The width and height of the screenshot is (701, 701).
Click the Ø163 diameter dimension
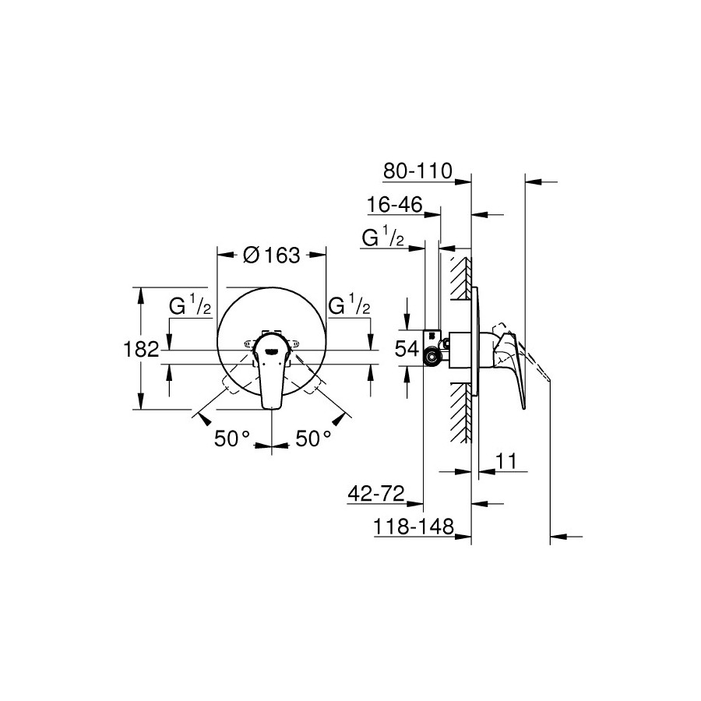pos(271,255)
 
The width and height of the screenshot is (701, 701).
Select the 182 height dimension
pos(141,349)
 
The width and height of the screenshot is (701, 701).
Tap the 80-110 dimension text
pos(418,171)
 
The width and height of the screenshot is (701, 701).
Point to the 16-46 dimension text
pos(394,205)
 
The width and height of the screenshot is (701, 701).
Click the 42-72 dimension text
pos(376,494)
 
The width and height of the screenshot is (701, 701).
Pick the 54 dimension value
pos(407,349)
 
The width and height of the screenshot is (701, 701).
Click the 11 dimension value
pos(506,461)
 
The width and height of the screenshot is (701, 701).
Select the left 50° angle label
pos(232,439)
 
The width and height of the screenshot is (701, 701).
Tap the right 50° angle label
pos(313,439)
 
